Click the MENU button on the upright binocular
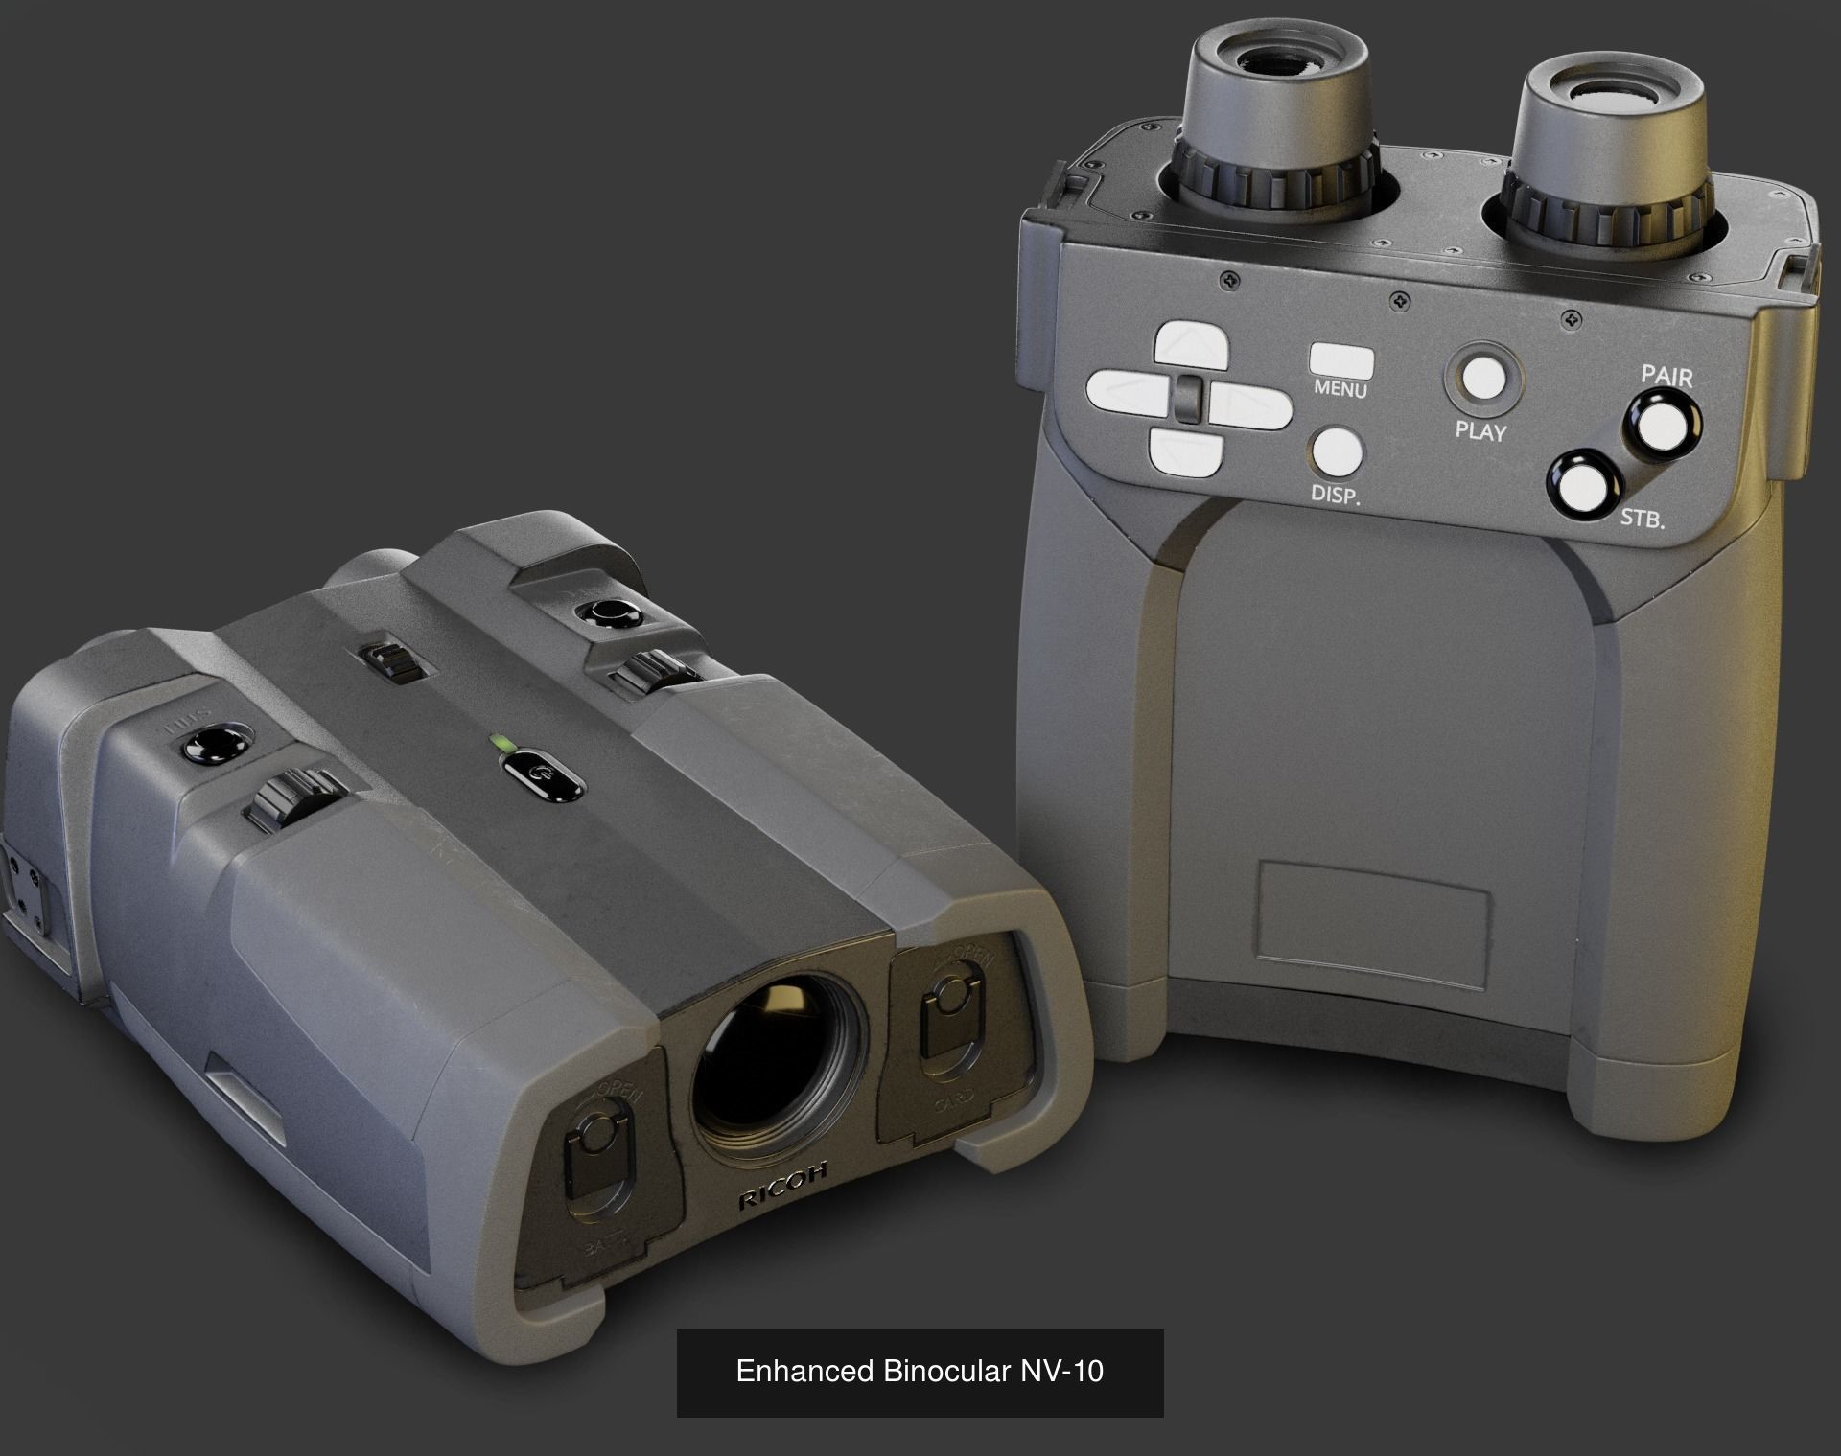[1341, 362]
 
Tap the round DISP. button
[1337, 451]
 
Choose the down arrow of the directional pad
[1186, 451]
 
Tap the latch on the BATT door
[595, 1149]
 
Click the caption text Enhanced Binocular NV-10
[919, 1371]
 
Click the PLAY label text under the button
[1480, 431]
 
